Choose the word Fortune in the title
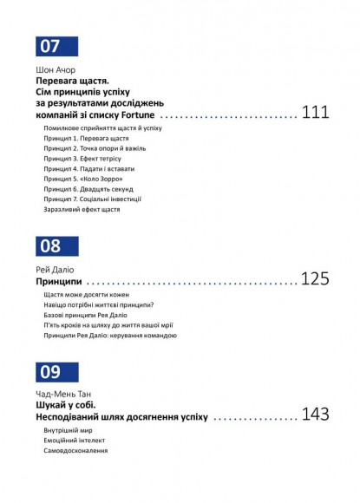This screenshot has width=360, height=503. (x=136, y=115)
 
